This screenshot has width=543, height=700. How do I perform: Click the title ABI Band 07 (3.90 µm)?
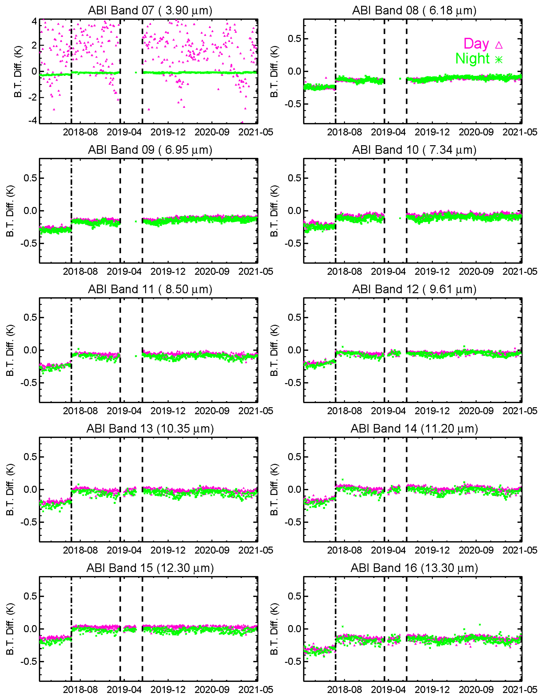coord(150,11)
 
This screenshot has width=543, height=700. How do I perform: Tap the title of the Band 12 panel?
coord(414,289)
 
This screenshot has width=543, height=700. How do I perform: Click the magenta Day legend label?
coord(476,44)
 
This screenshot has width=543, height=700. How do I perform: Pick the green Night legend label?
coord(472,59)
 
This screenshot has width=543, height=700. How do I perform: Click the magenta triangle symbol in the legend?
coord(499,45)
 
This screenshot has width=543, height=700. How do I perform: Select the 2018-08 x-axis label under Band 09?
coord(80,271)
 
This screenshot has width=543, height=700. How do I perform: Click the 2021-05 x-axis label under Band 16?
coord(520,689)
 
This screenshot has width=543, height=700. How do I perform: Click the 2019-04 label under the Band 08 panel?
coord(388,132)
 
